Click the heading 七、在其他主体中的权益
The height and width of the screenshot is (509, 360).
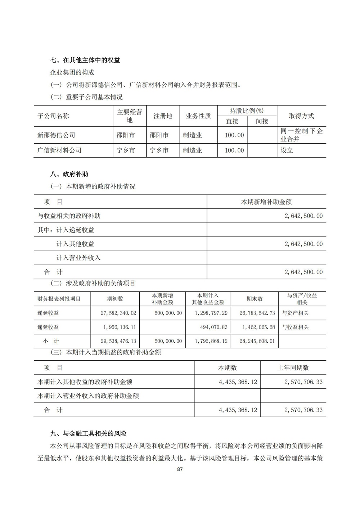pos(85,60)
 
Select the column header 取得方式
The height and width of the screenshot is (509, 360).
pos(301,116)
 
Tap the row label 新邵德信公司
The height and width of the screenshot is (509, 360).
pos(56,135)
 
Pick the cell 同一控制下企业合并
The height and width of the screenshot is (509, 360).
pos(301,135)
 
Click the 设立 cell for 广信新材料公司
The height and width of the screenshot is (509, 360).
pos(287,150)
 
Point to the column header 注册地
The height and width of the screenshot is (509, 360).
pos(163,116)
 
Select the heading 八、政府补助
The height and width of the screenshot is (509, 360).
pos(69,175)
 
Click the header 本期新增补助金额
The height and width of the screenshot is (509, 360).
pos(266,202)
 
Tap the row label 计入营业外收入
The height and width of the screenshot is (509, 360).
pos(78,258)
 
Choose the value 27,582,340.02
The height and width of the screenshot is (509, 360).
pos(118,313)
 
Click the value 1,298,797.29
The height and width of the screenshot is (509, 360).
pos(211,313)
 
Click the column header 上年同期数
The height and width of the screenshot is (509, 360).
pos(293,368)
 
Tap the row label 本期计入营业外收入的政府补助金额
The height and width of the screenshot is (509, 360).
pos(88,396)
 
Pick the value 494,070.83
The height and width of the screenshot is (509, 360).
pos(214,327)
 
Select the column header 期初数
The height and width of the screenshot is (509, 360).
pos(115,299)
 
